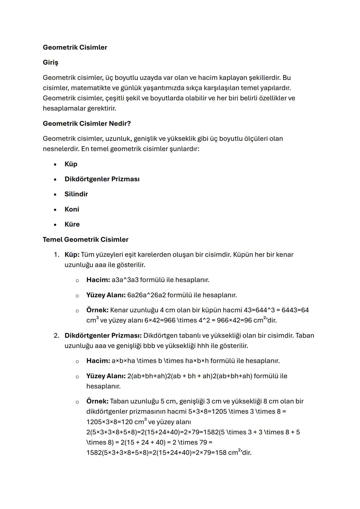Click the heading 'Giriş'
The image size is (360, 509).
pyautogui.click(x=50, y=63)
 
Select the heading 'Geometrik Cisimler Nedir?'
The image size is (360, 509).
pyautogui.click(x=87, y=124)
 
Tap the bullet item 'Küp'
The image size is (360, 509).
pyautogui.click(x=71, y=164)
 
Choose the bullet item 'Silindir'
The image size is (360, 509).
pyautogui.click(x=76, y=194)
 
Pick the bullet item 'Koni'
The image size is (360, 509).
pyautogui.click(x=72, y=209)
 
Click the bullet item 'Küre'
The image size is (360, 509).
pyautogui.click(x=72, y=224)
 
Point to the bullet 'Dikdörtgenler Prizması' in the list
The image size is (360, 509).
pyautogui.click(x=102, y=179)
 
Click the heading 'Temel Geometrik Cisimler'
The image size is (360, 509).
pyautogui.click(x=85, y=240)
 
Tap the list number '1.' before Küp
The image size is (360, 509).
pyautogui.click(x=57, y=255)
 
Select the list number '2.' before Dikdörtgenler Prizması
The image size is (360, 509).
pyautogui.click(x=57, y=336)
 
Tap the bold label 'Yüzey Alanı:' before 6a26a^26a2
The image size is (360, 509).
pyautogui.click(x=106, y=295)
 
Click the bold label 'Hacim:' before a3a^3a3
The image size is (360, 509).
pyautogui.click(x=98, y=280)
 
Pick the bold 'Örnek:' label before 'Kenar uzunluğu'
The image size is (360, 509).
pyautogui.click(x=97, y=310)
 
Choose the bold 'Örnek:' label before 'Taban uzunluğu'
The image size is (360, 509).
pyautogui.click(x=97, y=401)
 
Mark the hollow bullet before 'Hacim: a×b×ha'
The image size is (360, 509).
pyautogui.click(x=77, y=361)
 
